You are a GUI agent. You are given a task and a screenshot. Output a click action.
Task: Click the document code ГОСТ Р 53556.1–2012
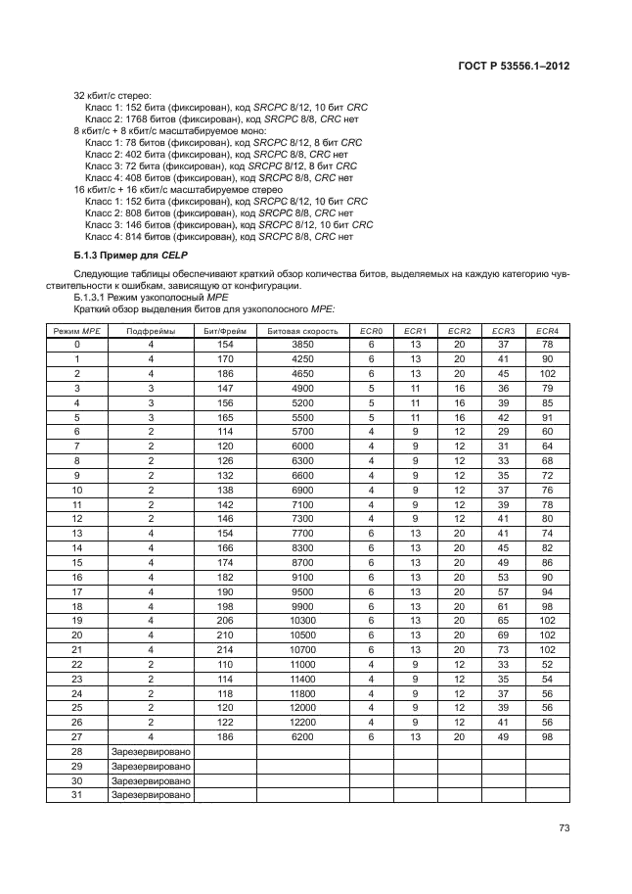(514, 66)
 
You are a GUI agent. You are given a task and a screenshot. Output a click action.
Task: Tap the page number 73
(564, 828)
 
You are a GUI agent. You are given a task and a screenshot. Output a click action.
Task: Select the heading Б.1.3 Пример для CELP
(118, 256)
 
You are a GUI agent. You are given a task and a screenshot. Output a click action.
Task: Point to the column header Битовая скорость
(302, 331)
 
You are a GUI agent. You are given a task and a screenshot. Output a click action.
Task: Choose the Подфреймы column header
(152, 331)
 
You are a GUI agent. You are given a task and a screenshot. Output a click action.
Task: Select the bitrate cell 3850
(302, 345)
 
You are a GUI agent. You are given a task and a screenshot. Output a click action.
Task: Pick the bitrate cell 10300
(302, 621)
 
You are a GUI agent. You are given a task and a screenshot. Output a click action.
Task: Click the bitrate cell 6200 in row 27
(302, 737)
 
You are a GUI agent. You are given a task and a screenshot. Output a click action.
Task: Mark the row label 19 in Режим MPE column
(77, 621)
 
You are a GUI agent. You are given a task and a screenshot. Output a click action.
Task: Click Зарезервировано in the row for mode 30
(152, 780)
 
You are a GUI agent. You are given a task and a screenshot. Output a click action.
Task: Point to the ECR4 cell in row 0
(547, 345)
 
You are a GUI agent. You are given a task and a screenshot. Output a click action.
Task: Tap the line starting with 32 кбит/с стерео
(114, 95)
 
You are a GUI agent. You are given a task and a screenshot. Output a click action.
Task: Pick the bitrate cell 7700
(302, 534)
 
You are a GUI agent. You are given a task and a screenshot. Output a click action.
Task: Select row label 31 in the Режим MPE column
(77, 795)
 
